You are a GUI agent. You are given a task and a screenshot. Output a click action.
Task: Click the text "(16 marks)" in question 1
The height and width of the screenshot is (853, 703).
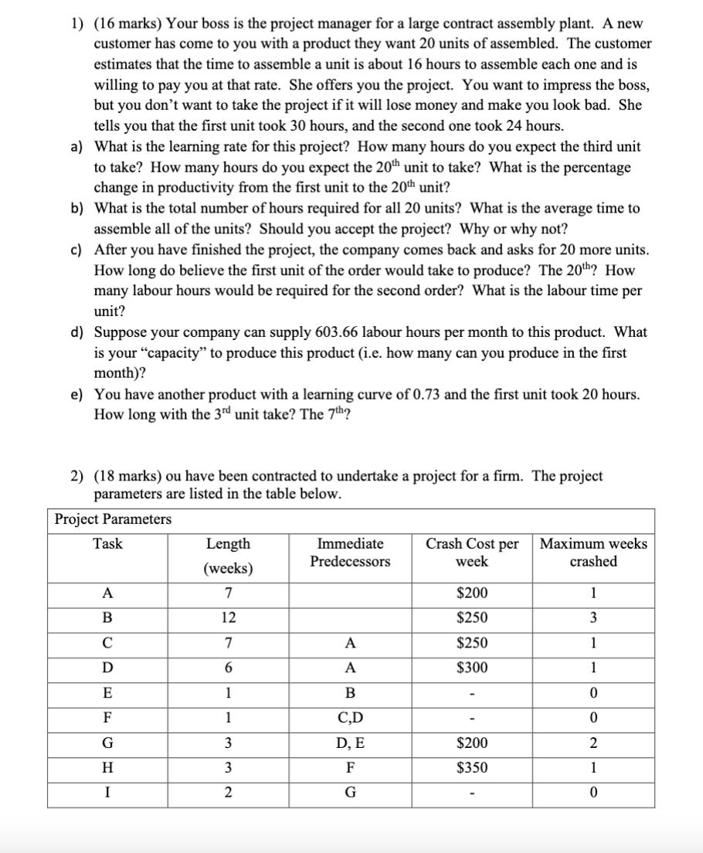126,24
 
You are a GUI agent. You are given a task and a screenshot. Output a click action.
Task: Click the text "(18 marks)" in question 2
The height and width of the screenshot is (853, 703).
126,476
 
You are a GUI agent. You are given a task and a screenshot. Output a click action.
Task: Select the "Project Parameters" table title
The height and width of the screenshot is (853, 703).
113,518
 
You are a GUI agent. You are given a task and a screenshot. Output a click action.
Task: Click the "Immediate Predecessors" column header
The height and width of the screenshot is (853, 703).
351,552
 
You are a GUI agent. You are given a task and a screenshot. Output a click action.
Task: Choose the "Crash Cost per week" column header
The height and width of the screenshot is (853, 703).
472,552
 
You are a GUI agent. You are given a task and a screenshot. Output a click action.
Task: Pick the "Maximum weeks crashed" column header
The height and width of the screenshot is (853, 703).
593,552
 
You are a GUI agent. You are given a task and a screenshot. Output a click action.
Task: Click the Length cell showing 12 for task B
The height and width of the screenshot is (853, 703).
228,617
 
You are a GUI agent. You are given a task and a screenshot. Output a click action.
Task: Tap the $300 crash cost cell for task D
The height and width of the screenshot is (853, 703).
472,668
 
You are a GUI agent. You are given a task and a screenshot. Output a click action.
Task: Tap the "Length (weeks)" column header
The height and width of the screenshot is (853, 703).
228,556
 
